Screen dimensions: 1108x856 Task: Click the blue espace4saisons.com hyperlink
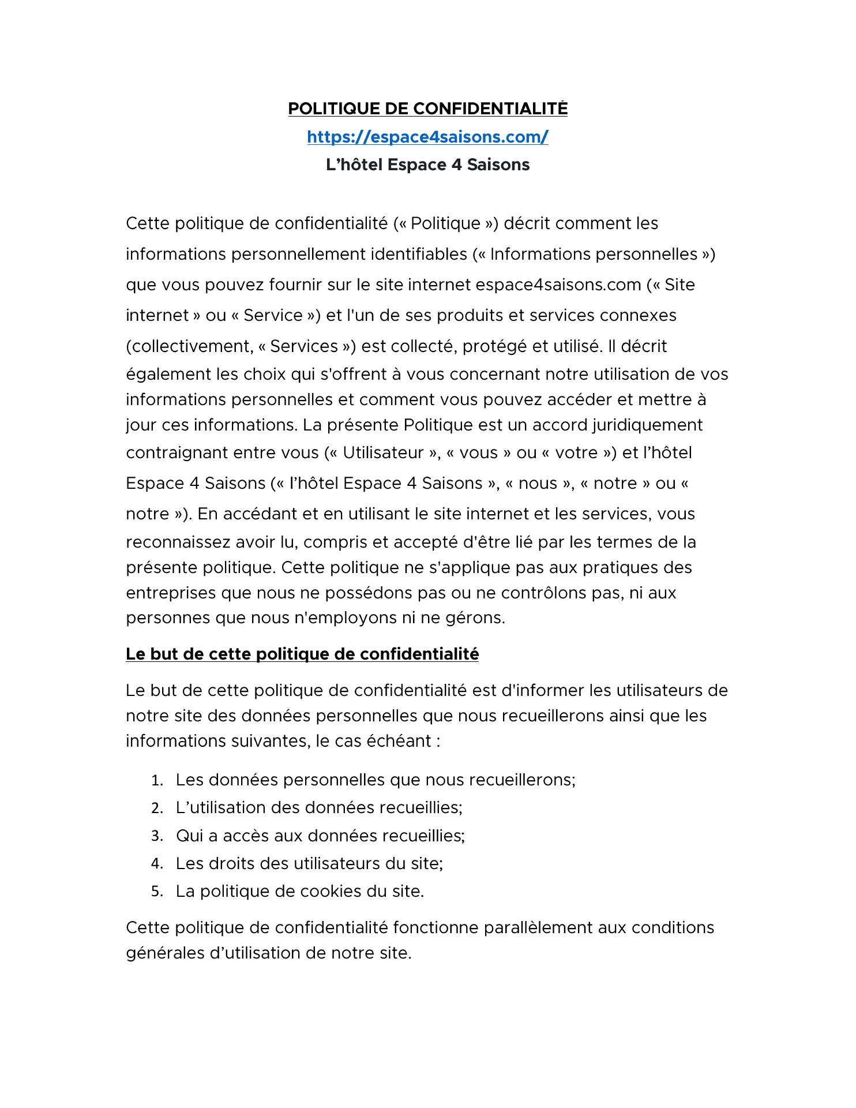click(x=427, y=137)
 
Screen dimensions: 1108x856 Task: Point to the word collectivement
click(x=193, y=346)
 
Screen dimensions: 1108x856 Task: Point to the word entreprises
click(x=169, y=593)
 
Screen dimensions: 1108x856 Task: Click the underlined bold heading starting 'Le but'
click(x=302, y=654)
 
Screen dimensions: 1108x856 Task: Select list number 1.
click(x=156, y=781)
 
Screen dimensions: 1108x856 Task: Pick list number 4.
click(x=156, y=864)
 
